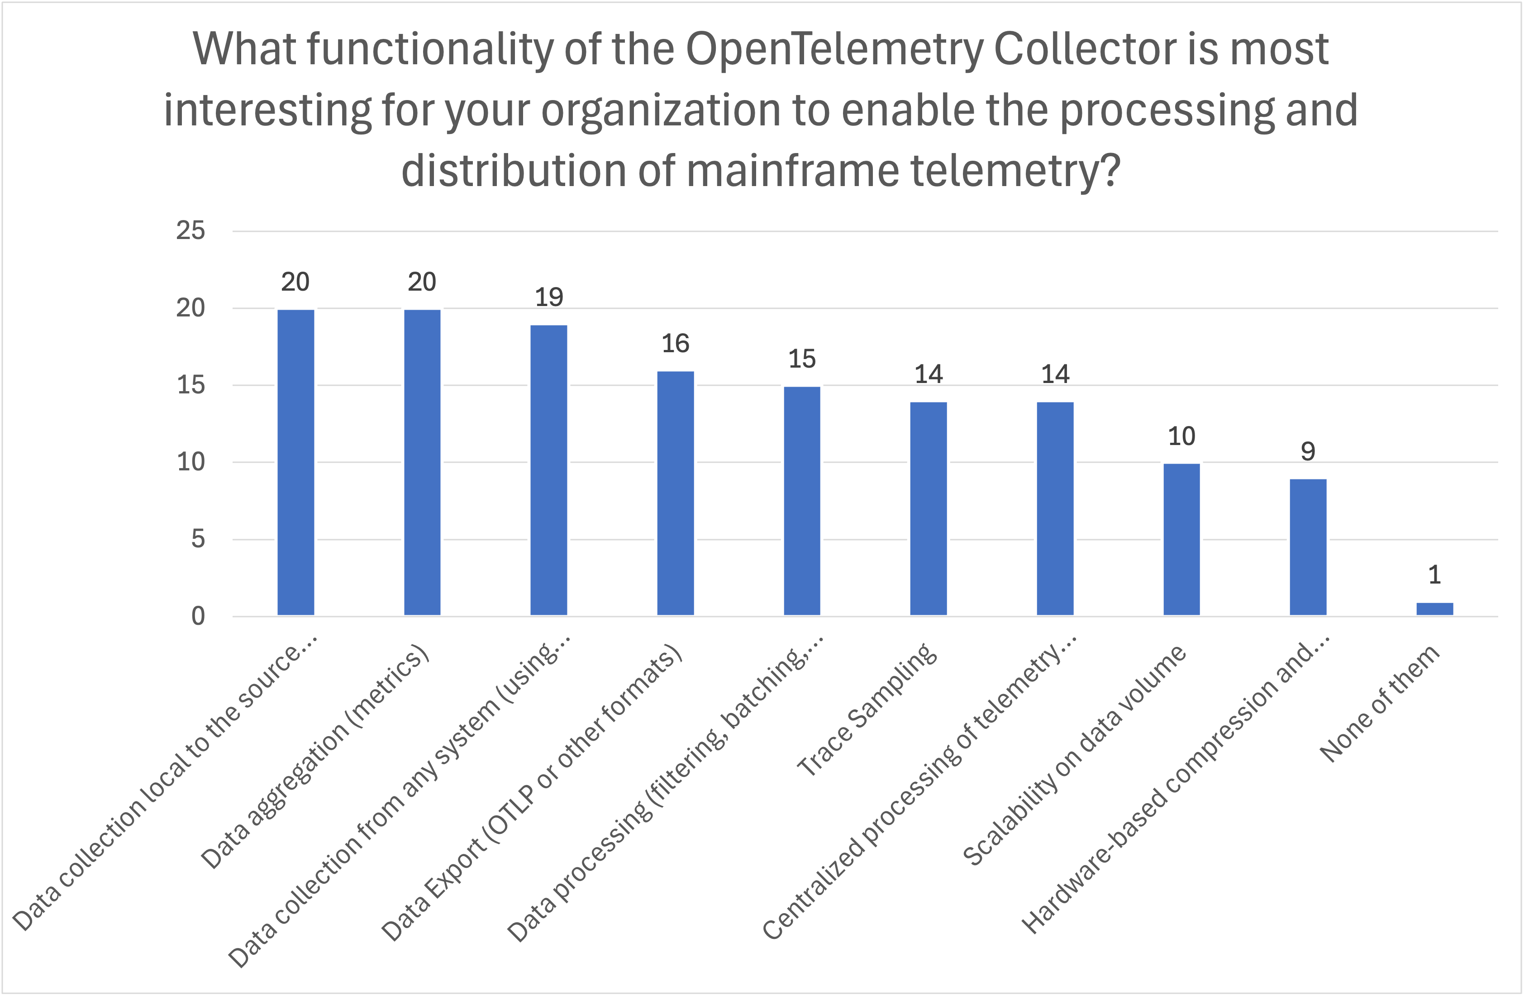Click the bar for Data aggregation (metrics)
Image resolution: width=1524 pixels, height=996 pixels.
pyautogui.click(x=422, y=462)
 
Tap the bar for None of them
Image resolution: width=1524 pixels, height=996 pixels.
pyautogui.click(x=1434, y=608)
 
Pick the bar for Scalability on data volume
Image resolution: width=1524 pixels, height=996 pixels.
pyautogui.click(x=1181, y=539)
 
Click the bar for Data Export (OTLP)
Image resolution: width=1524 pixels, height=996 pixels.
pyautogui.click(x=675, y=493)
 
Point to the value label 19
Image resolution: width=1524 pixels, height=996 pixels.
pyautogui.click(x=549, y=297)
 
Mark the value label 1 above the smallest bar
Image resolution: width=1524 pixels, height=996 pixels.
pyautogui.click(x=1434, y=575)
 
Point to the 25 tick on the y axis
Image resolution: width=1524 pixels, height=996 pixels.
pyautogui.click(x=191, y=230)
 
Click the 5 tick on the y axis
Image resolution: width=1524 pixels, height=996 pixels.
pyautogui.click(x=198, y=539)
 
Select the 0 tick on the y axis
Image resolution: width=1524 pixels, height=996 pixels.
pyautogui.click(x=198, y=616)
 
